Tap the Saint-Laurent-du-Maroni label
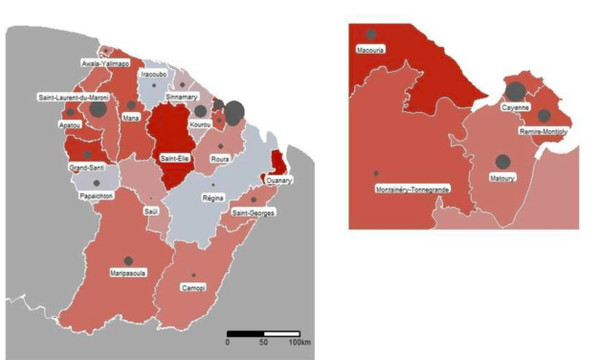tap(72, 98)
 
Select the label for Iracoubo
tap(154, 74)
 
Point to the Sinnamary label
tap(182, 98)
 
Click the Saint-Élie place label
tap(174, 157)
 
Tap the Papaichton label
tap(96, 195)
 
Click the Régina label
tap(212, 197)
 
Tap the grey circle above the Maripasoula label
tap(127, 260)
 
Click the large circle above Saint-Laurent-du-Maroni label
tap(99, 109)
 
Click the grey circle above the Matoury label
tap(501, 163)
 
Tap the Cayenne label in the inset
tap(516, 108)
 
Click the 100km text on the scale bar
tap(300, 342)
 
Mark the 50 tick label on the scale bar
tap(263, 342)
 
